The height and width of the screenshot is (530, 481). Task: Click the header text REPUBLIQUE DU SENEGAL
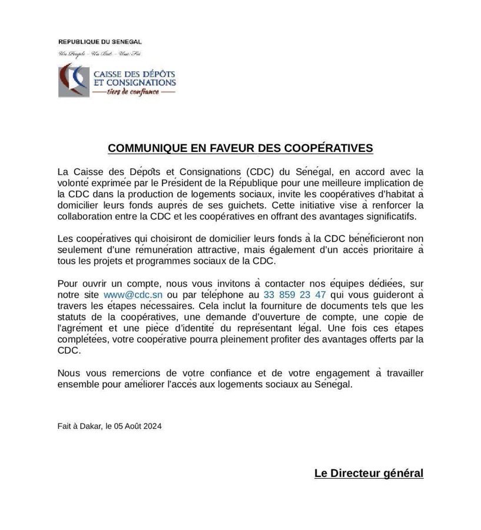(x=99, y=42)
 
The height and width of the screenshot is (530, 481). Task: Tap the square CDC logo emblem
(x=73, y=81)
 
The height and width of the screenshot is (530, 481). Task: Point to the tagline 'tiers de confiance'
(x=133, y=92)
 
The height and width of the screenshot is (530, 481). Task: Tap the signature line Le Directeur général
(x=369, y=473)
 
